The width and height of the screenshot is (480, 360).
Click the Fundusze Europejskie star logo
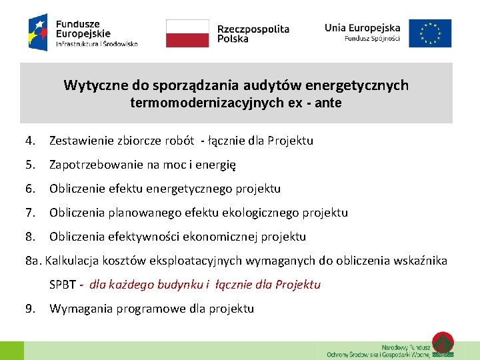38,32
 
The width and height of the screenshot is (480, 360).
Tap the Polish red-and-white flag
187,33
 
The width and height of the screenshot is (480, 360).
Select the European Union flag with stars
430,33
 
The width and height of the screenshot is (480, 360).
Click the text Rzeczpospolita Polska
253,33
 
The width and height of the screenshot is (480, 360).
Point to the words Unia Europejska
363,27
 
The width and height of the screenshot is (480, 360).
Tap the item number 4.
30,141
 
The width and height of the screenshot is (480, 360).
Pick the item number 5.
30,165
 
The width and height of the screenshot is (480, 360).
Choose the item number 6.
30,189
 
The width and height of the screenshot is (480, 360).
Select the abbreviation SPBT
63,285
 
